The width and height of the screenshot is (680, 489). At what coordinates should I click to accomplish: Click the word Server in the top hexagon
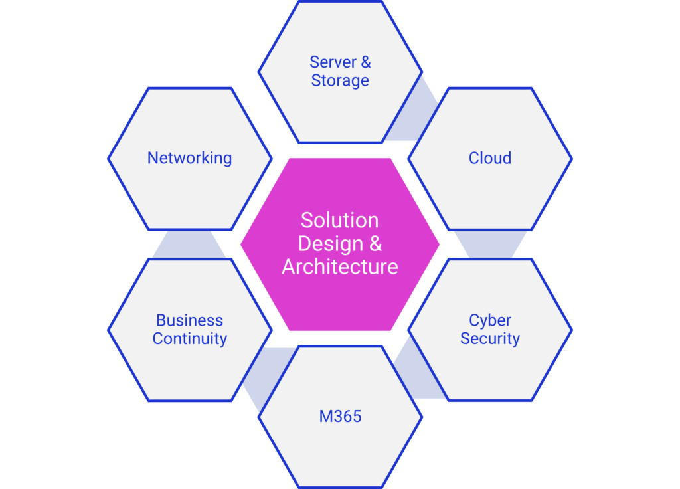[333, 62]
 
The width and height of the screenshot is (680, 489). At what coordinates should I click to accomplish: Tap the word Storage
[340, 81]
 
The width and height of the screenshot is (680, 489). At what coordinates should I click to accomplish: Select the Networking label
[189, 158]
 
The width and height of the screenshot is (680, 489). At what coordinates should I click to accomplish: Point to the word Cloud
[490, 158]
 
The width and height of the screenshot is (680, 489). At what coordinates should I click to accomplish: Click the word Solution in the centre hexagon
[339, 220]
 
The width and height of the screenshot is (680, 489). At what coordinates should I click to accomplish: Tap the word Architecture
[339, 267]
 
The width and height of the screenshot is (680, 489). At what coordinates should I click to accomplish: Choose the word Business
[189, 320]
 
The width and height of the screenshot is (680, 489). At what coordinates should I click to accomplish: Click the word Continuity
[189, 339]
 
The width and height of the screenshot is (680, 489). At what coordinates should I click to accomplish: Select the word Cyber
[490, 320]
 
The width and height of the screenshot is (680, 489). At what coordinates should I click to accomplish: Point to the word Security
[490, 339]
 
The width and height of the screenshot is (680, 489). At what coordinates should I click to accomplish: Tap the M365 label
[340, 417]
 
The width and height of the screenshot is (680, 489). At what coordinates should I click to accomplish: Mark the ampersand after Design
[375, 243]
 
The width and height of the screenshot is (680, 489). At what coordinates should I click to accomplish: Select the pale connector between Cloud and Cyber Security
[490, 244]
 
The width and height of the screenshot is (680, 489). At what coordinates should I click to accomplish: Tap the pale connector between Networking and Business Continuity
[189, 244]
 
